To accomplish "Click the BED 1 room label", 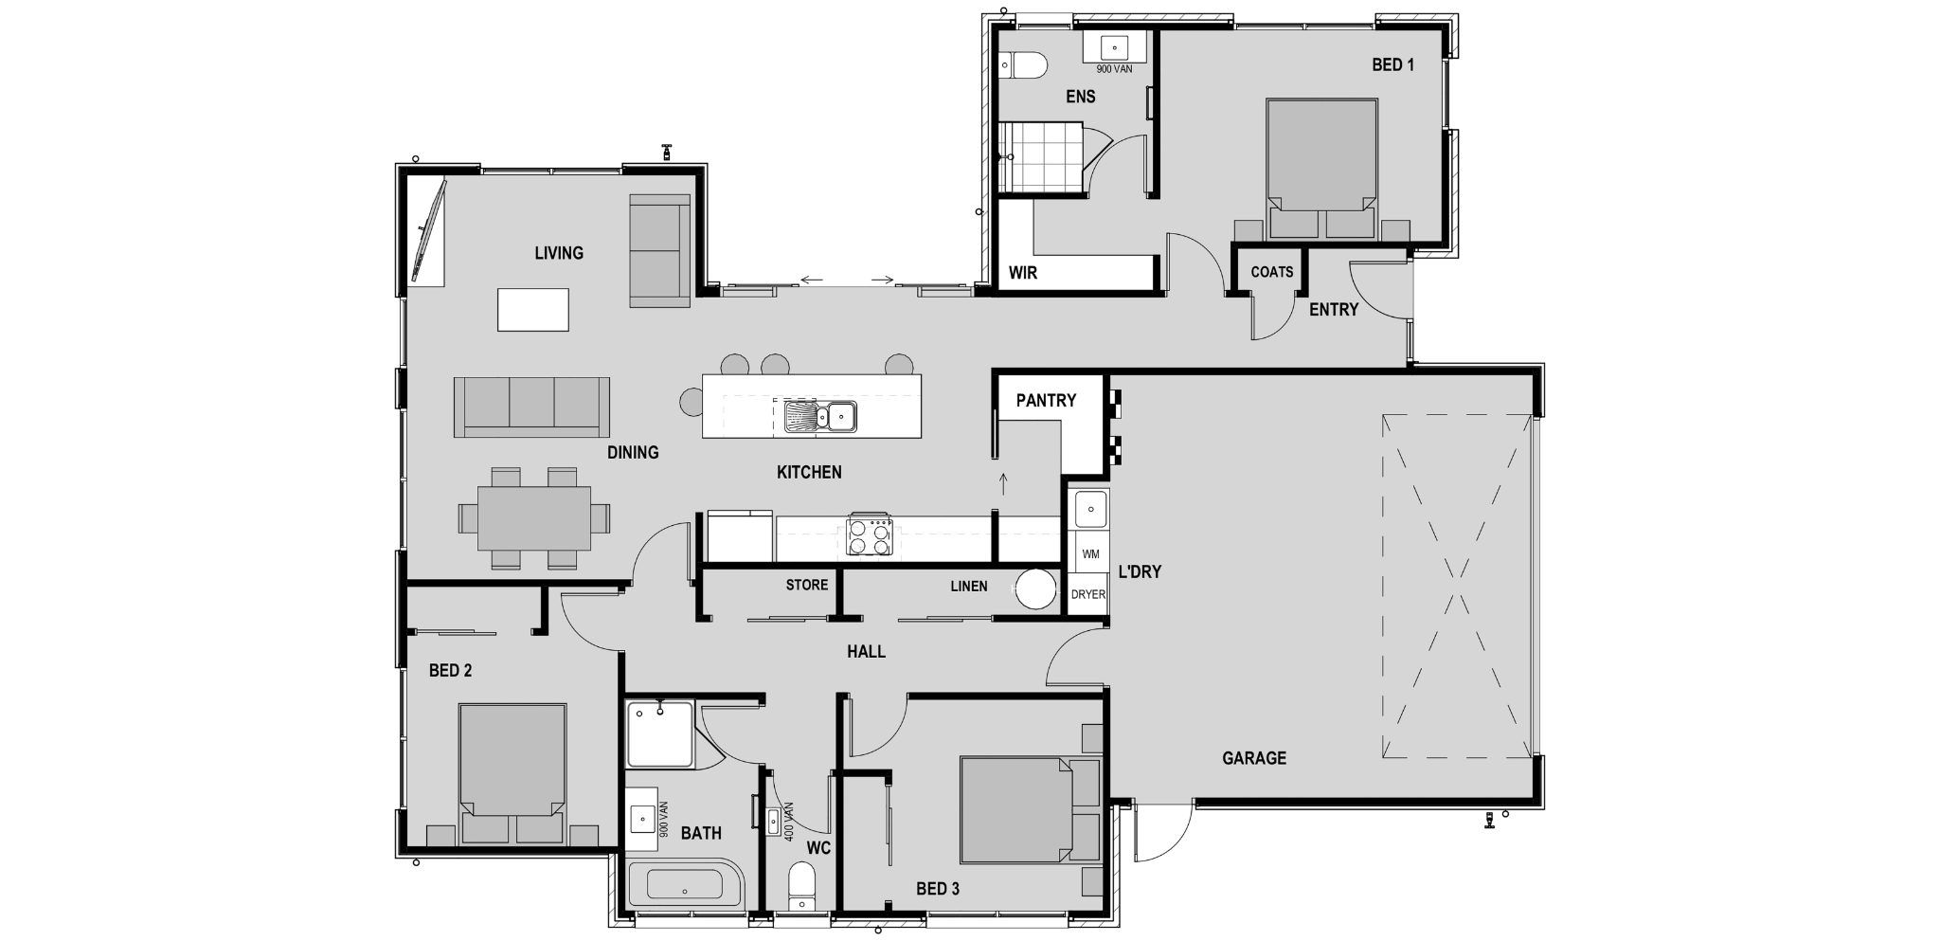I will [1392, 65].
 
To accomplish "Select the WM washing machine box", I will [1090, 553].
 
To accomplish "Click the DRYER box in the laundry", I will [1088, 594].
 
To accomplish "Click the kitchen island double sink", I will [820, 415].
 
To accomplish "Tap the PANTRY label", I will [1046, 401].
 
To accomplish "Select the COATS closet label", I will [1271, 272].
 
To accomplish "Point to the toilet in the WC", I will [801, 884].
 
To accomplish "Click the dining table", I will [533, 517].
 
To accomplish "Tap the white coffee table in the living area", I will [533, 310].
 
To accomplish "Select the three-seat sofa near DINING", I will [531, 406].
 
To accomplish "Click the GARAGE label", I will [1253, 758].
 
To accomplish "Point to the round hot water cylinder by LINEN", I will [1036, 589].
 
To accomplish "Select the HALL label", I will [866, 652].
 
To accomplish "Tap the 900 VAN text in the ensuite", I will [1114, 69].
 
